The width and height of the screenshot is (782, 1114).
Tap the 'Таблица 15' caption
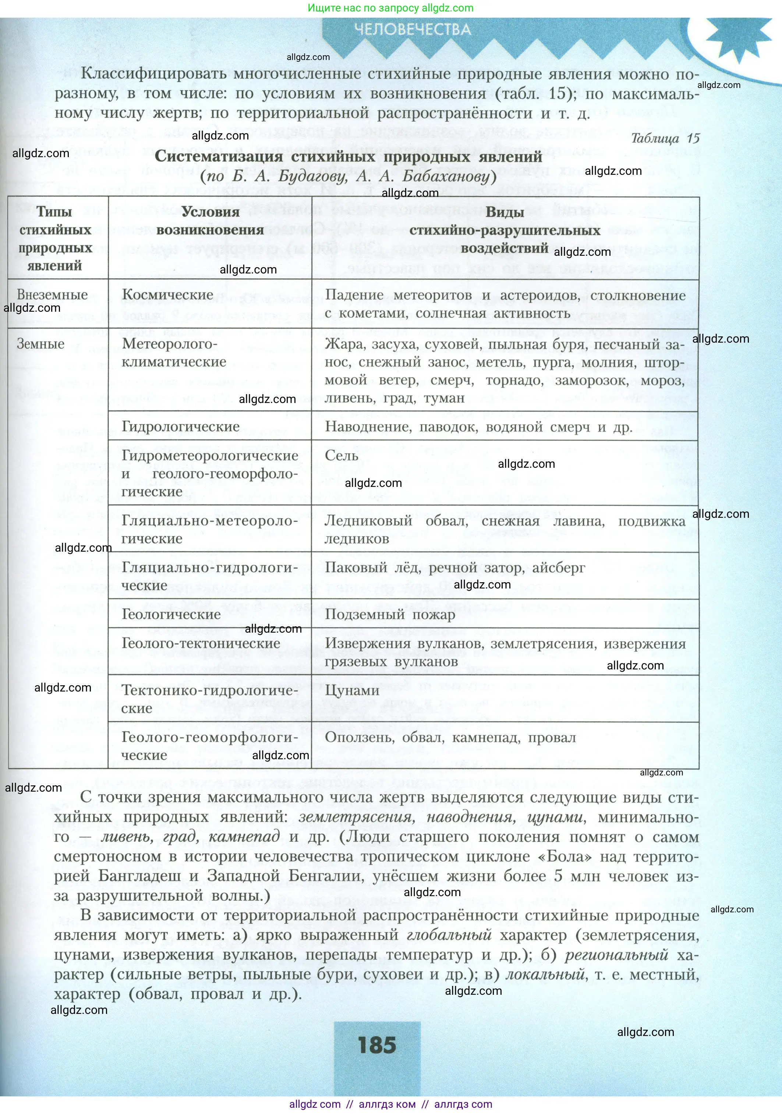(x=665, y=138)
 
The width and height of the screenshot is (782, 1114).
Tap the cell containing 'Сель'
(x=342, y=456)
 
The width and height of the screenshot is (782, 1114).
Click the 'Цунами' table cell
(x=352, y=690)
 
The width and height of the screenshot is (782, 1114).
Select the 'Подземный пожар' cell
(x=390, y=615)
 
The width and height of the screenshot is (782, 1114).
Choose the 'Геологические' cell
(x=171, y=614)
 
